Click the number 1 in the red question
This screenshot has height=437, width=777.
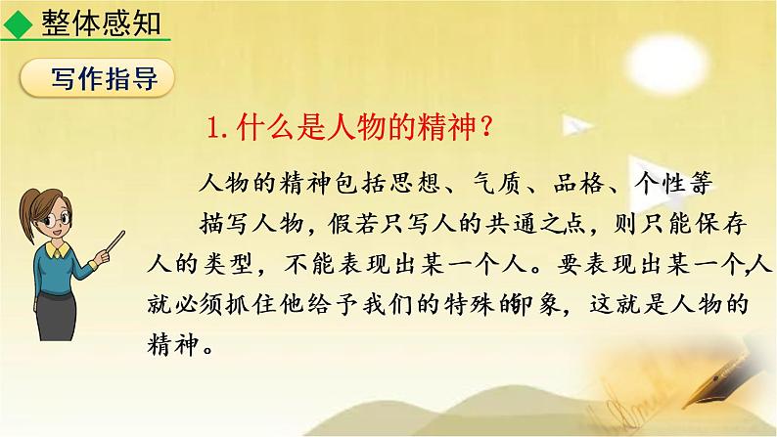coord(216,130)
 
